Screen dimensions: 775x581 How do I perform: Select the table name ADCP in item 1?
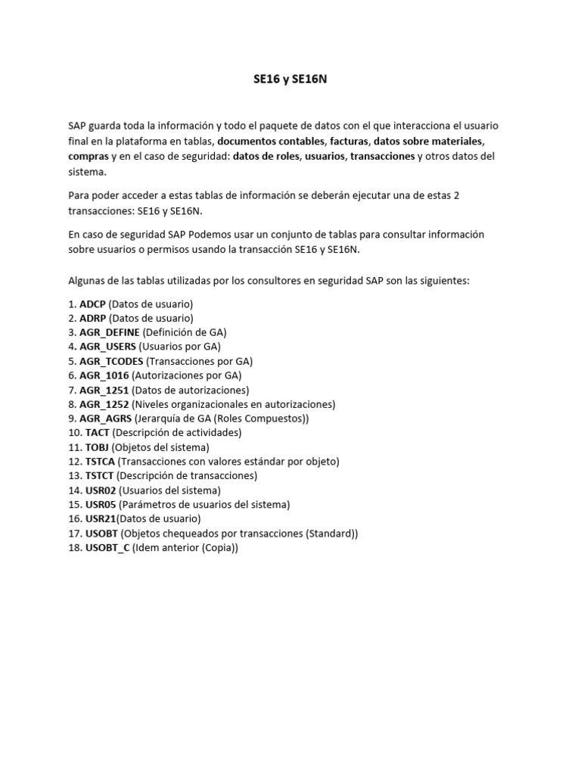(92, 303)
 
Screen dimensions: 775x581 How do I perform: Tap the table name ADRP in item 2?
(93, 318)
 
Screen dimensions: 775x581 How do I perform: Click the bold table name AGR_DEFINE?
(110, 332)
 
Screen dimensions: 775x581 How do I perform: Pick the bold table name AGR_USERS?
(107, 347)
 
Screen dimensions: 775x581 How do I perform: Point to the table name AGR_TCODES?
(111, 361)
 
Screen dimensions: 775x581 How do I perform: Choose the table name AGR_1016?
(104, 375)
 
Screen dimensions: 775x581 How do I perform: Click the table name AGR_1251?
(104, 390)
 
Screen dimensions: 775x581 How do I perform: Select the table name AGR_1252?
(104, 404)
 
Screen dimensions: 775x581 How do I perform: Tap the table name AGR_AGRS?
(105, 419)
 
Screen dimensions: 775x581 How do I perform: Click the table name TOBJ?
(98, 447)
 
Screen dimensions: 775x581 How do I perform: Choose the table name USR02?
(101, 490)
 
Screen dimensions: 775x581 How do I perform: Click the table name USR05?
(101, 505)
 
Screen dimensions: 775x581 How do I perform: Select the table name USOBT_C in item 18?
(107, 548)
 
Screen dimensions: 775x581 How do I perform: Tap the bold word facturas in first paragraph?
(350, 142)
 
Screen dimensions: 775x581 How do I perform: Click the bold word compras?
(88, 156)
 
